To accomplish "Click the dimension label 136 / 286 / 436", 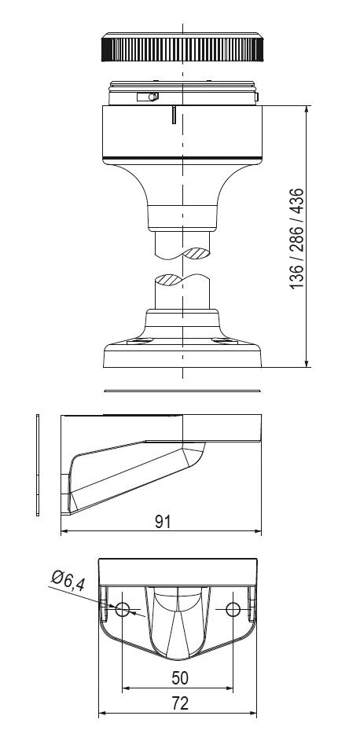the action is coord(297,239).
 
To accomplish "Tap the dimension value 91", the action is coord(163,522).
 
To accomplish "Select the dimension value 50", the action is coord(180,678).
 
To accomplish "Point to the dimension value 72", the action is coord(180,703).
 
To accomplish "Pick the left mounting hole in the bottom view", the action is coord(123,610).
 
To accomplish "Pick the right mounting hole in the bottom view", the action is coord(233,610).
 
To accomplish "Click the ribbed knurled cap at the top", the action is coord(182,47).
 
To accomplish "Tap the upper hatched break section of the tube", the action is coord(197,253).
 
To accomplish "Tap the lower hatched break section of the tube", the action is coord(167,280).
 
